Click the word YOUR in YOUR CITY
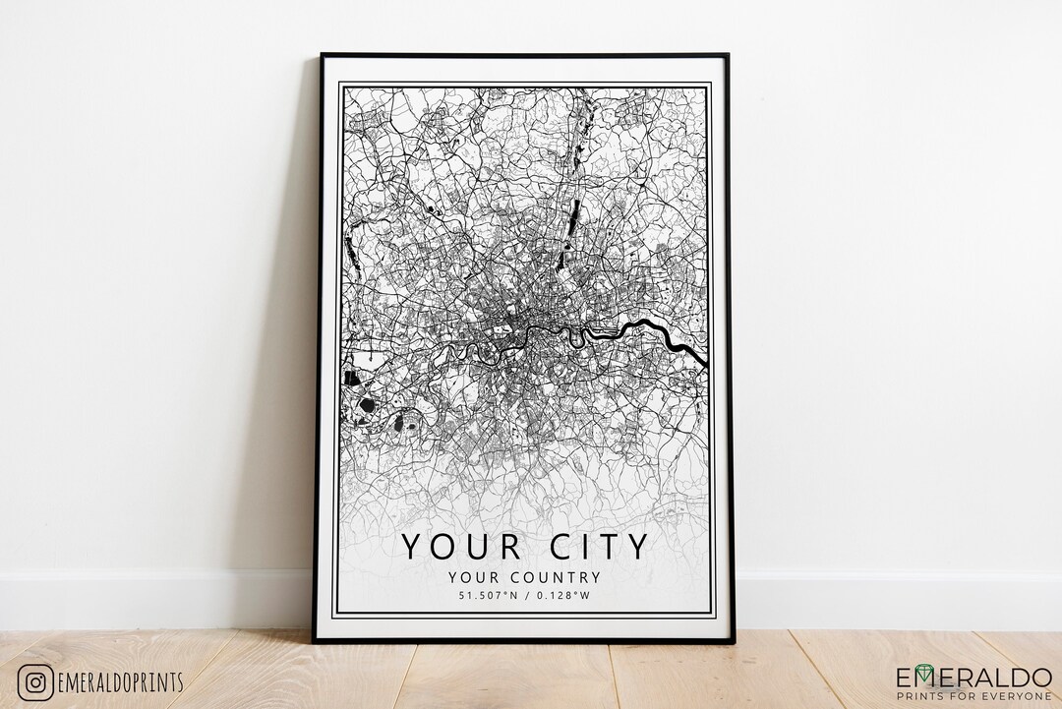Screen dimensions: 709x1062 [456, 546]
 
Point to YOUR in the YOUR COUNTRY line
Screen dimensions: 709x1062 [466, 577]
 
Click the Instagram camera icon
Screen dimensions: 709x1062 [34, 681]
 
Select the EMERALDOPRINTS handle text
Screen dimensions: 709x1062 [121, 682]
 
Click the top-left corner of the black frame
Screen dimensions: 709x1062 [322, 56]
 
